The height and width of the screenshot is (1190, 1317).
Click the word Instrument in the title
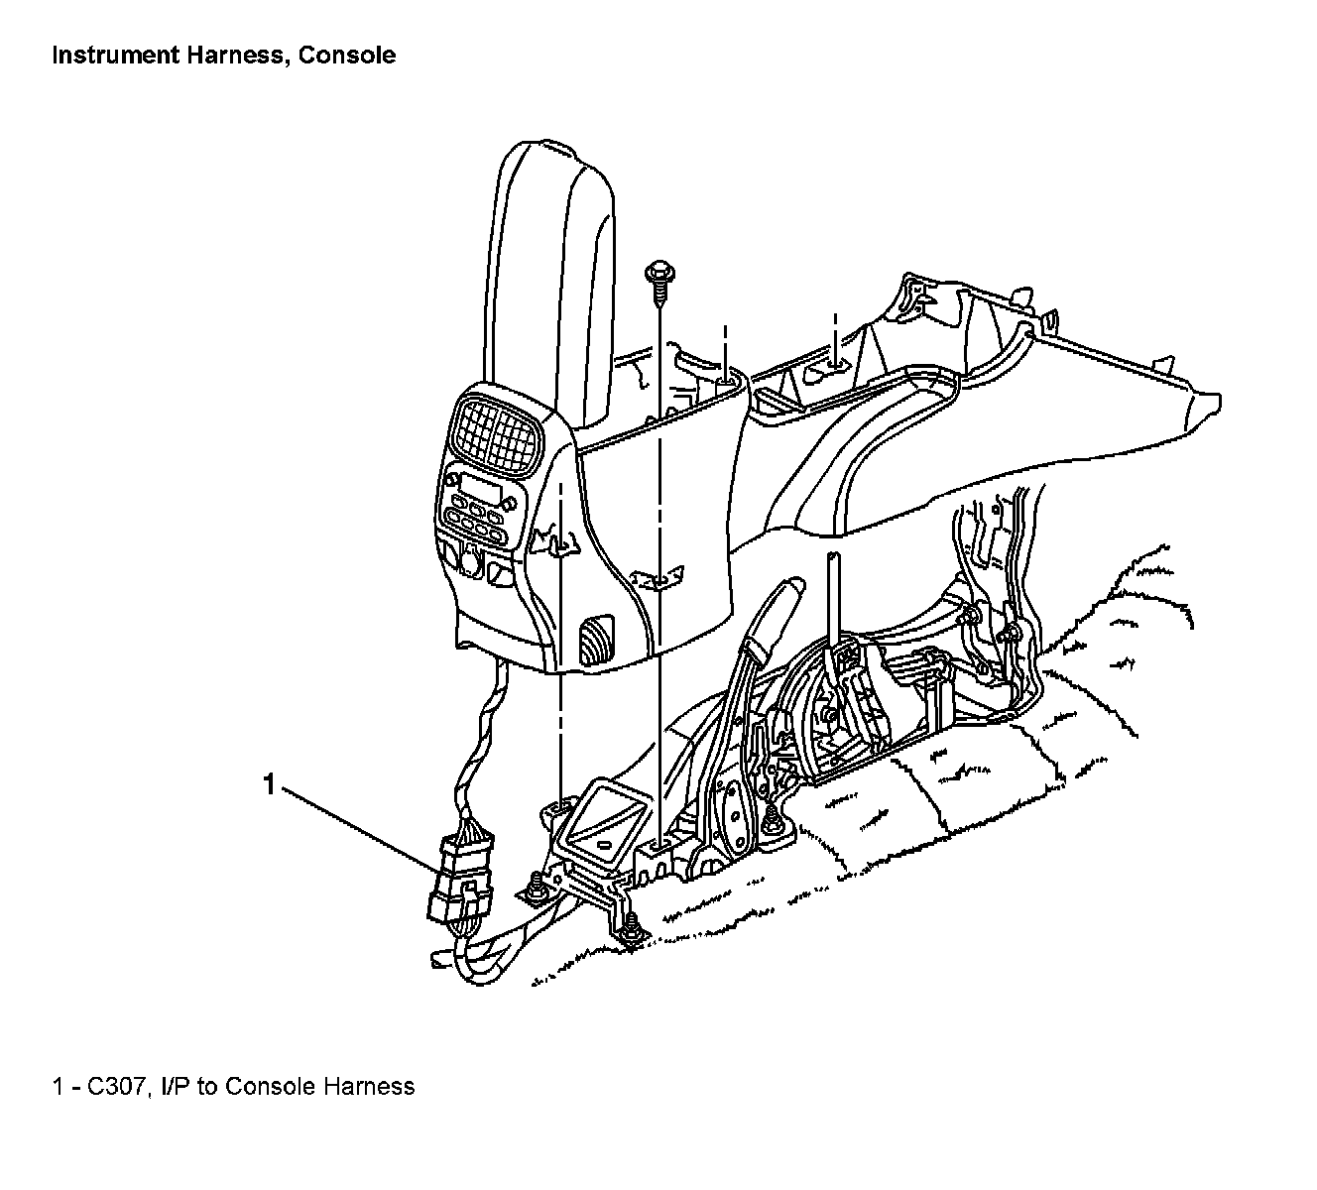115,56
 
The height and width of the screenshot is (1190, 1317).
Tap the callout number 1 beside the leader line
268,784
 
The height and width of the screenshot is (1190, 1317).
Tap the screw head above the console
657,272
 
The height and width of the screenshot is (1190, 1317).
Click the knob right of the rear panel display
510,504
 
